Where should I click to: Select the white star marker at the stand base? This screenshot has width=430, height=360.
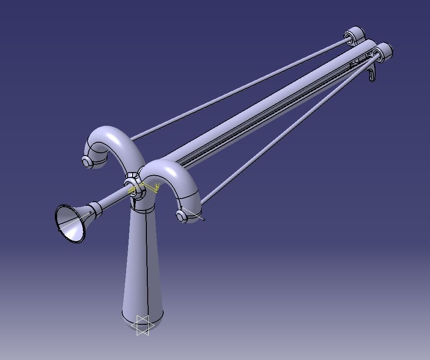143,325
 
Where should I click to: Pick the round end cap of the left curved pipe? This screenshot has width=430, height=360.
87,161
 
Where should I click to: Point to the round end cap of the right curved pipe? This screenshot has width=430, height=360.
183,215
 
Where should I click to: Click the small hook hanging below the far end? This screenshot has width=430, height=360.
373,73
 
